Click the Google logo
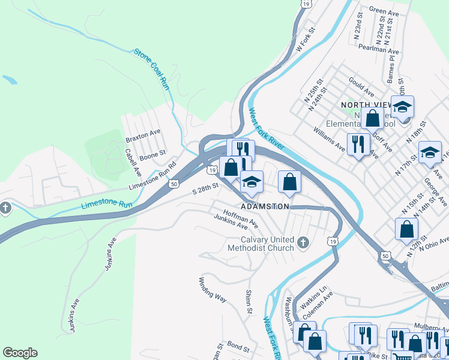(20, 353)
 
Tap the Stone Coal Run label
(151, 69)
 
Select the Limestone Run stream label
(106, 205)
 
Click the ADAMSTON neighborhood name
(265, 206)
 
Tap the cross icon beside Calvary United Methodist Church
(303, 243)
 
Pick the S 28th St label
(203, 189)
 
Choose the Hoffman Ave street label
(240, 218)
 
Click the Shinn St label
(248, 302)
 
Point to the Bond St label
(238, 347)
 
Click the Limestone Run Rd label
(152, 174)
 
